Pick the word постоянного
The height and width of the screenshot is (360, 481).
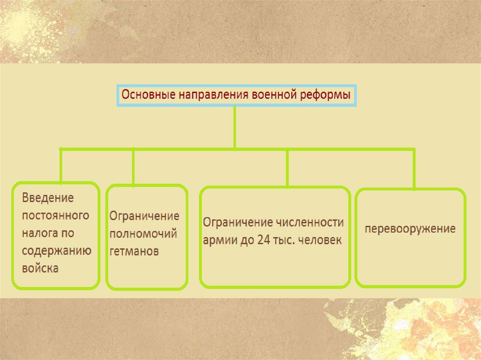click(55, 215)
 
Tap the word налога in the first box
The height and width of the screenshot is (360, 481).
click(41, 233)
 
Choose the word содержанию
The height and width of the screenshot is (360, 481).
click(56, 250)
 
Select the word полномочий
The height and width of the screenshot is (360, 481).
click(143, 234)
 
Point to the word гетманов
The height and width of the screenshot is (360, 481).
click(134, 251)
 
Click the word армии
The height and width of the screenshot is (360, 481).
click(220, 239)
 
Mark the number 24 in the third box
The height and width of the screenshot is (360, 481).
click(264, 239)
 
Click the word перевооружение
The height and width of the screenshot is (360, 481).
click(411, 230)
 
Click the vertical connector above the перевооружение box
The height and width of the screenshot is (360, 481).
click(414, 169)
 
